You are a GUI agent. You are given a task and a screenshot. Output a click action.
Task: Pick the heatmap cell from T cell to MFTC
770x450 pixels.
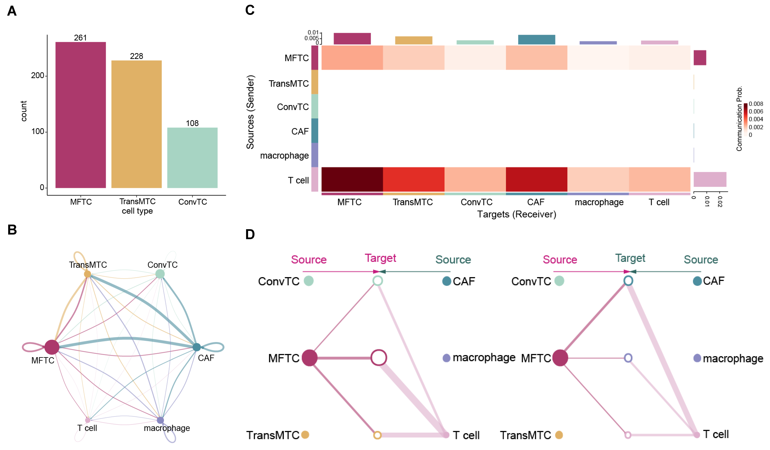pyautogui.click(x=352, y=179)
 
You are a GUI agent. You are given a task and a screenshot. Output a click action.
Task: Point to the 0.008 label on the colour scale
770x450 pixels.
pyautogui.click(x=756, y=104)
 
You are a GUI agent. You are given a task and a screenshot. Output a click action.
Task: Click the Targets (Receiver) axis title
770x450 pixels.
pyautogui.click(x=516, y=214)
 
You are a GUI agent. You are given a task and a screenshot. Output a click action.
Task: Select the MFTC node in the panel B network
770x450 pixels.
pyautogui.click(x=52, y=347)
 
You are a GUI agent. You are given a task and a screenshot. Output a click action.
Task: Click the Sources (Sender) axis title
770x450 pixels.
pyautogui.click(x=250, y=112)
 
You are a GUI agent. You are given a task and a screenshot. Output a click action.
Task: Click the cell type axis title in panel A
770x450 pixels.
pyautogui.click(x=137, y=211)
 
